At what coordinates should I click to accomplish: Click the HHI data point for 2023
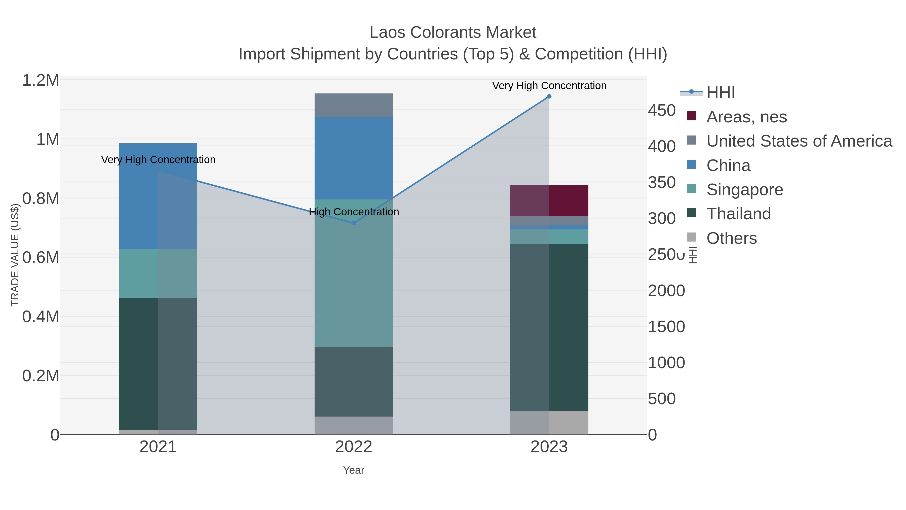(549, 96)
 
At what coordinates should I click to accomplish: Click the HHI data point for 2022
(354, 223)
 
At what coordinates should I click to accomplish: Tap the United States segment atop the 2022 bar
(354, 105)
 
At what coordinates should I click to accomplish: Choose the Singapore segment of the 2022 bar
(354, 273)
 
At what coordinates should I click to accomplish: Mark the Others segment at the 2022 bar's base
(354, 425)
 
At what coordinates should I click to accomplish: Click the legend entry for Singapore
(745, 190)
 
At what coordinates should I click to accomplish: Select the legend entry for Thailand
(739, 214)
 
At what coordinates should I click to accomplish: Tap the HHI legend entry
(720, 93)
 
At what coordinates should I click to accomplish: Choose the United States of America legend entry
(799, 141)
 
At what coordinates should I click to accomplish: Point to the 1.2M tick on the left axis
(41, 80)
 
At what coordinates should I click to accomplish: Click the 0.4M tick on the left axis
(41, 316)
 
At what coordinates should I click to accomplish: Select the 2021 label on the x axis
(158, 447)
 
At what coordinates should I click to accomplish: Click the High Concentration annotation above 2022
(354, 212)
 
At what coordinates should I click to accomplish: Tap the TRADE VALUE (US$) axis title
(15, 255)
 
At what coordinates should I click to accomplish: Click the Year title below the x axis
(354, 470)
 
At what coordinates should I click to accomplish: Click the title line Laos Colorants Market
(453, 32)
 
